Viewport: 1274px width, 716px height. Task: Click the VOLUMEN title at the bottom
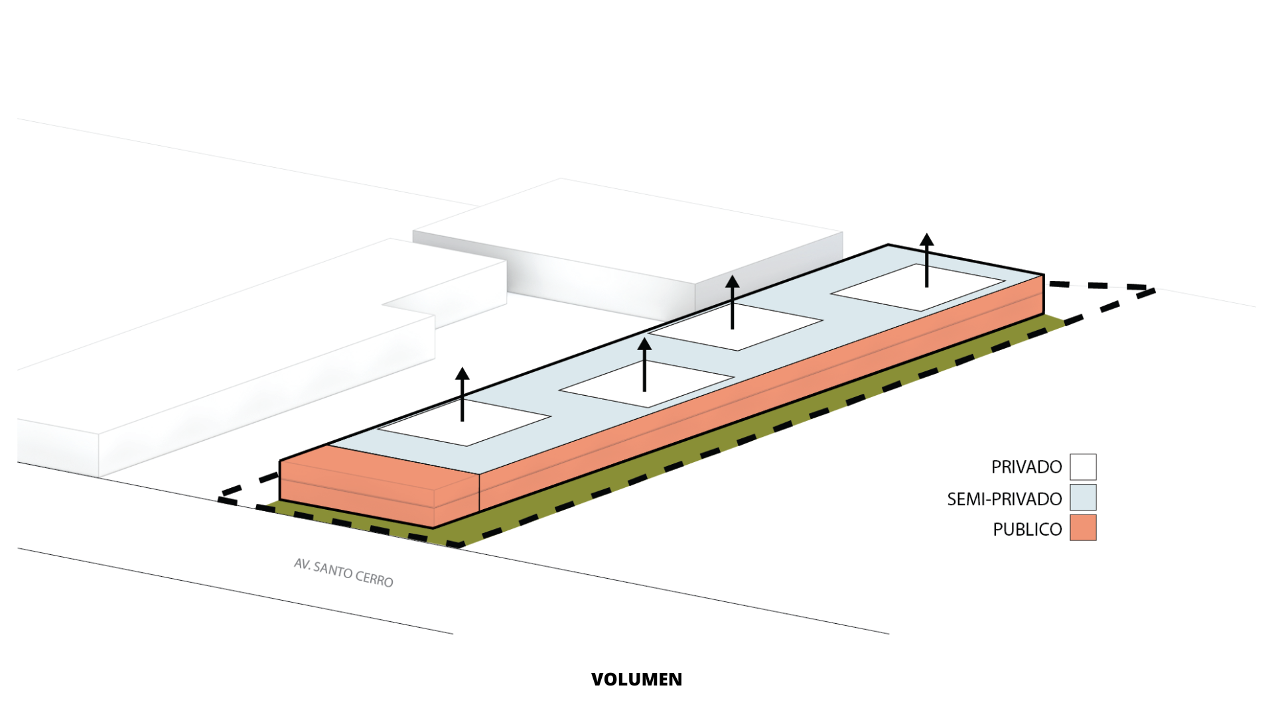click(x=636, y=680)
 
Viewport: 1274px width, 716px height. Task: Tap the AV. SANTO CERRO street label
click(x=344, y=573)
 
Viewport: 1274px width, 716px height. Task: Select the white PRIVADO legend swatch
click(x=1082, y=467)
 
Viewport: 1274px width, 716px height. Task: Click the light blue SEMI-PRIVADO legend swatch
click(x=1082, y=498)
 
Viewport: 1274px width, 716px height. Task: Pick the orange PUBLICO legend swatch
click(x=1082, y=528)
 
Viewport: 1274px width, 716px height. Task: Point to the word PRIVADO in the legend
click(x=1026, y=467)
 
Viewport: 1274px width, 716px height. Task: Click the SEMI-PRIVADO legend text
click(x=1004, y=499)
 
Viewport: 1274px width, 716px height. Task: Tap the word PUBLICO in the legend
click(x=1027, y=529)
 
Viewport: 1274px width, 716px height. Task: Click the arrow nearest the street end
click(x=462, y=394)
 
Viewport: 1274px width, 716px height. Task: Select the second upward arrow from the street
click(x=644, y=364)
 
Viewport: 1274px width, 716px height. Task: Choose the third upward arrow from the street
click(x=732, y=302)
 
